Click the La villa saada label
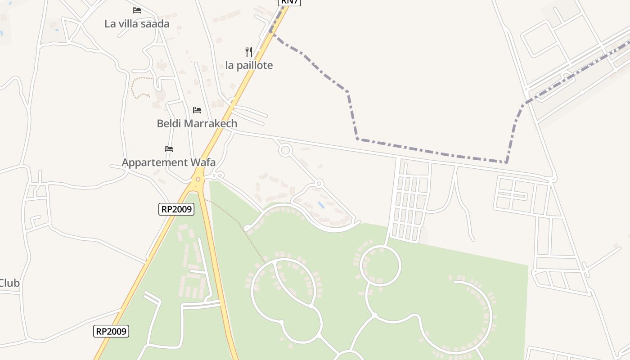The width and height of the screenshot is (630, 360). (137, 24)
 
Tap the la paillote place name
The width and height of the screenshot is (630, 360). (249, 65)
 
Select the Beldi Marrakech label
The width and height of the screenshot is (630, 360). (197, 123)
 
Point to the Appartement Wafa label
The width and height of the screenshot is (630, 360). (169, 162)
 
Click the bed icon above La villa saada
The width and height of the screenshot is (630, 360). (137, 10)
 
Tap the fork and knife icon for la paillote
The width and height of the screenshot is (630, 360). (249, 51)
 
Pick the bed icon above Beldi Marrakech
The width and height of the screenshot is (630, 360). (197, 110)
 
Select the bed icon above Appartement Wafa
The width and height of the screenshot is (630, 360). (169, 148)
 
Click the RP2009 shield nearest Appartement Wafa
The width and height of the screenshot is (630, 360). (176, 209)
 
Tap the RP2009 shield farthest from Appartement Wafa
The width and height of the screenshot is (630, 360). (111, 332)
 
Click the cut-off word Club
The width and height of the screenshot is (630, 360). (9, 283)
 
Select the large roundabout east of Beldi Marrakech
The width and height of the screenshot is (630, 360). (285, 150)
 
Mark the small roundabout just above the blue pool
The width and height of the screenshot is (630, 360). (319, 183)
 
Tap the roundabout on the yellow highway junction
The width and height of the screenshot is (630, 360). (198, 180)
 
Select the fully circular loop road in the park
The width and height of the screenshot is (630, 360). (380, 265)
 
